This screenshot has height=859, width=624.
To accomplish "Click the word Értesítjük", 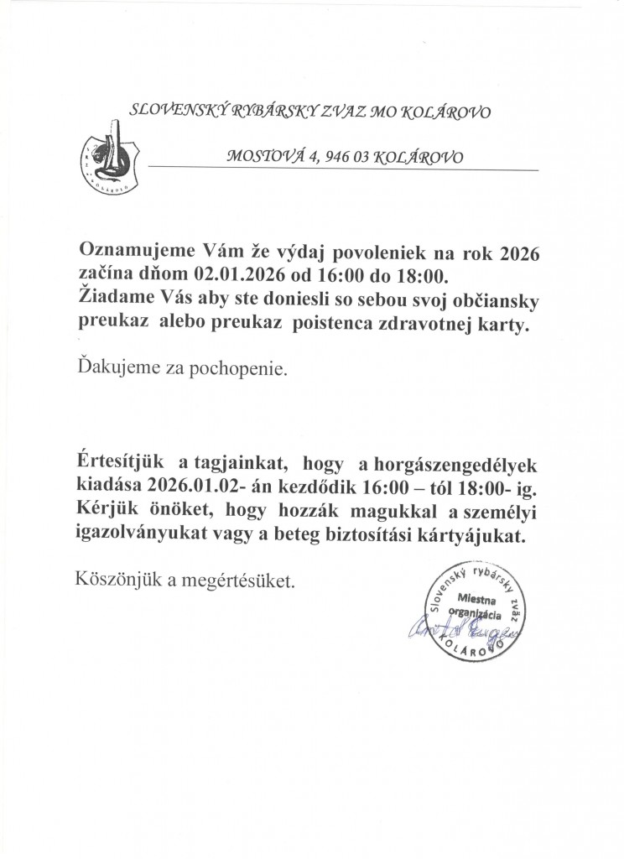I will coord(118,464).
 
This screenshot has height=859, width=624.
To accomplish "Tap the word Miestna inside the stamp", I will coord(477,600).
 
